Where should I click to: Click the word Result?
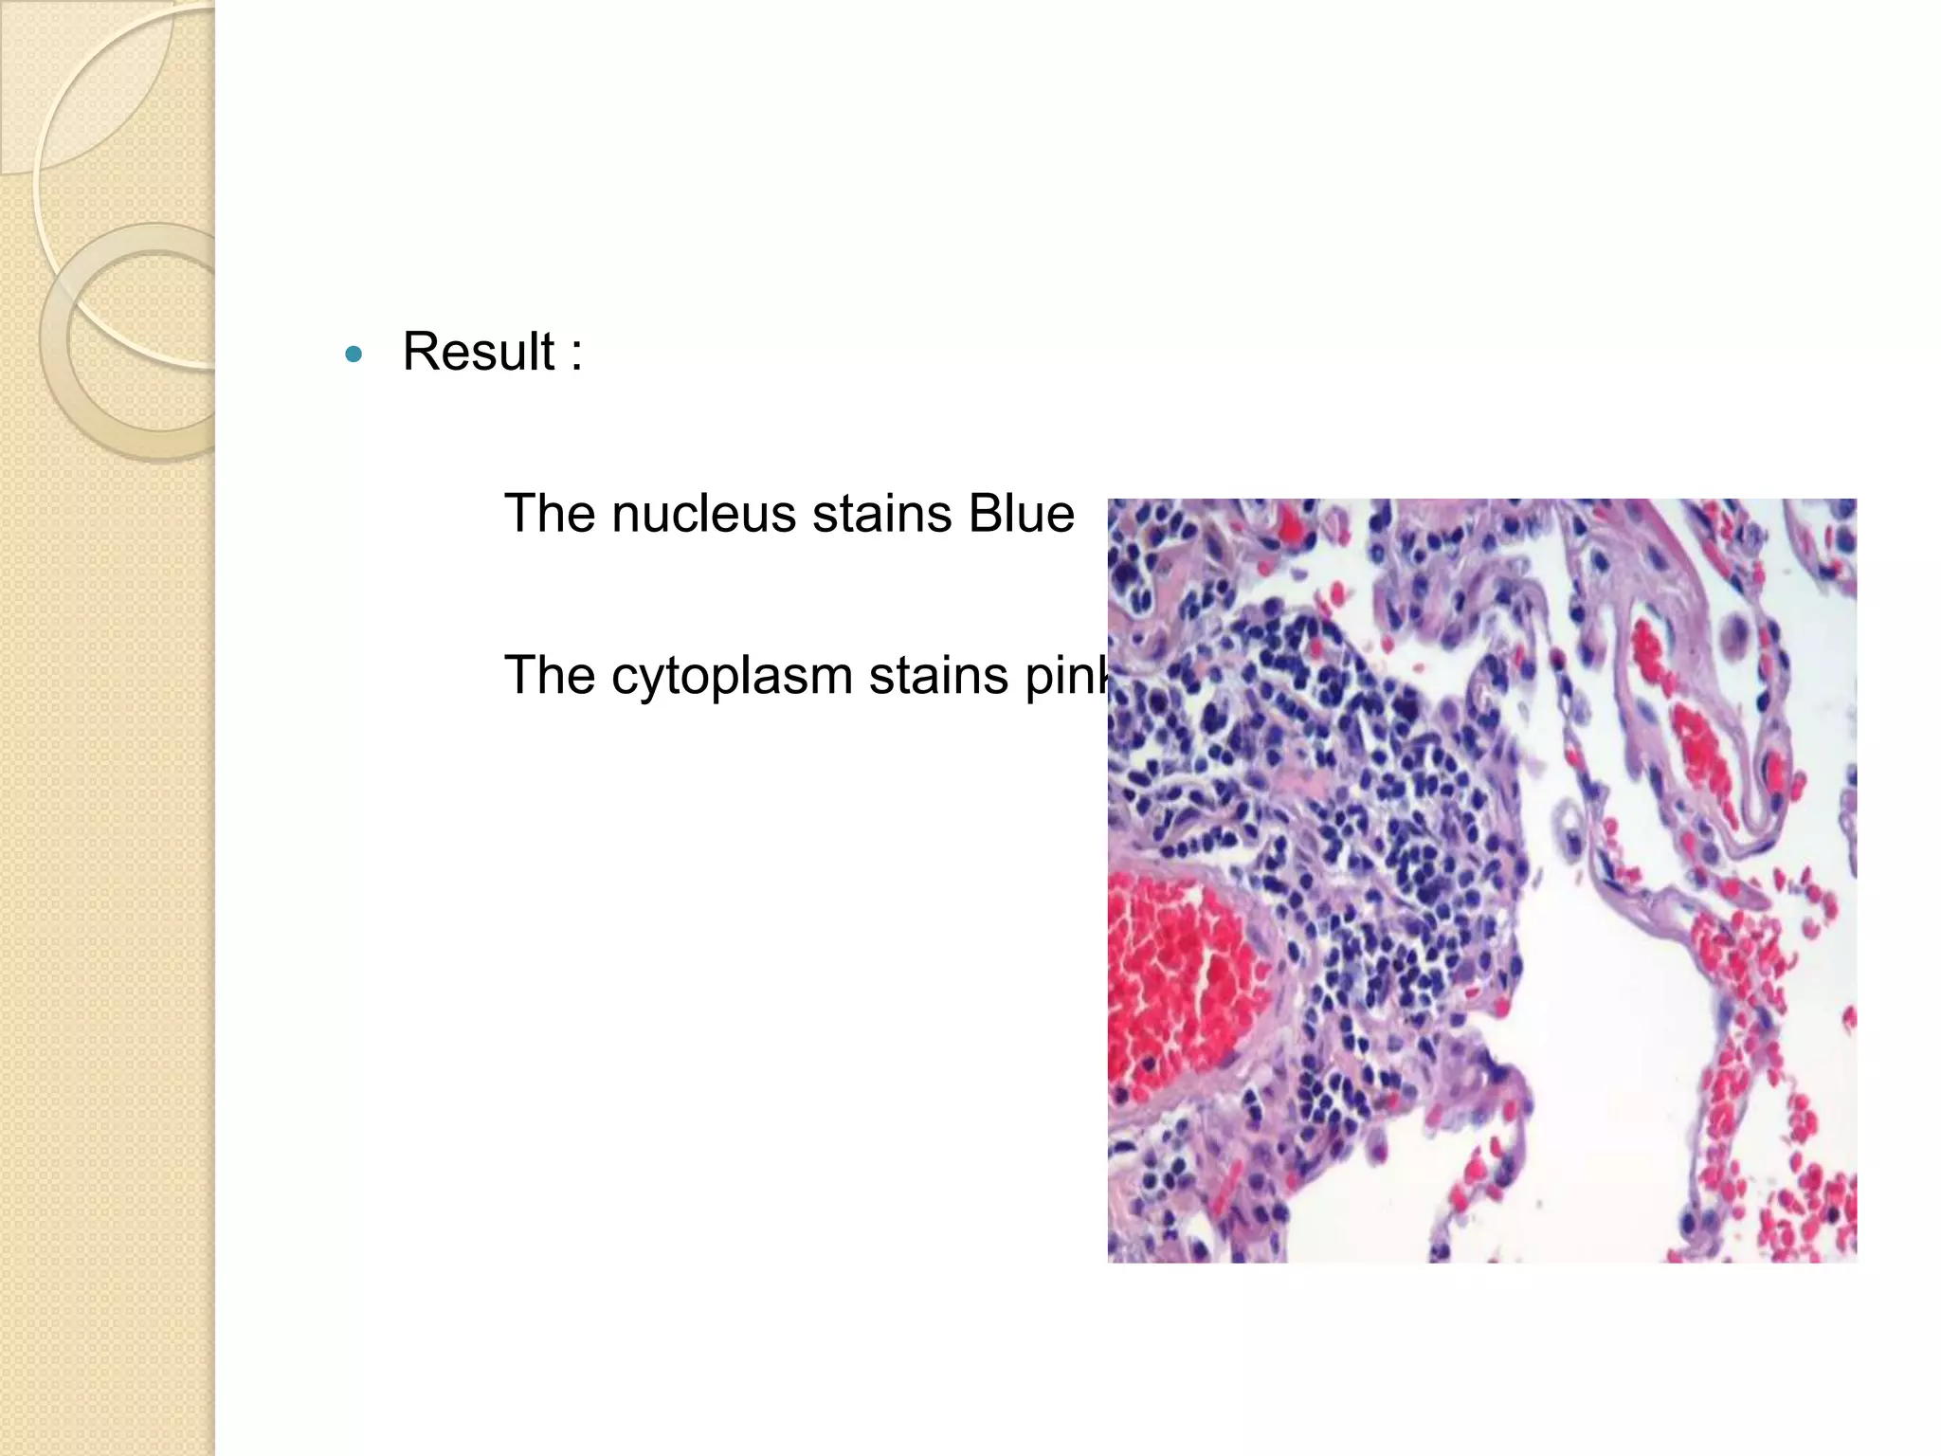click(x=479, y=352)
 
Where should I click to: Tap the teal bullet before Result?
click(x=354, y=355)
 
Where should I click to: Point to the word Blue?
click(x=1021, y=514)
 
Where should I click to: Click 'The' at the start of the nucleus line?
click(x=549, y=514)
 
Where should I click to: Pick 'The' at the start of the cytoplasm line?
click(x=549, y=677)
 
